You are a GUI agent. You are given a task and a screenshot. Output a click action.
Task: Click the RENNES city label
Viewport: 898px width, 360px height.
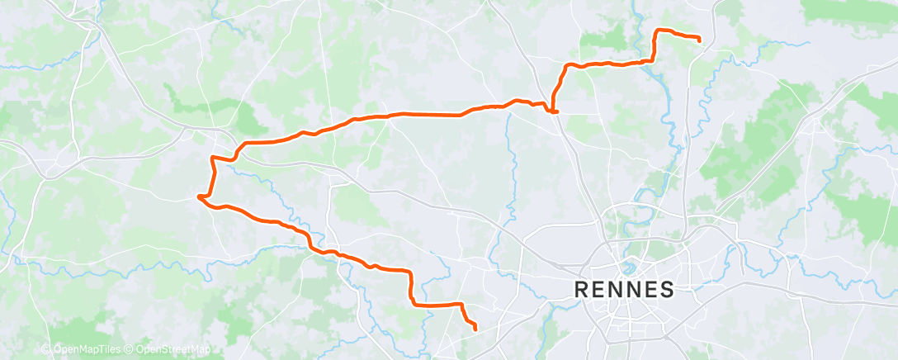pos(623,290)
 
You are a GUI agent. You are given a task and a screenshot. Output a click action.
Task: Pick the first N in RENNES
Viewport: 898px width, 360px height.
pos(615,290)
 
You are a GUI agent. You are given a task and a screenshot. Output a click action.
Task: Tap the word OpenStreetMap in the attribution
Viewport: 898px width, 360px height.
pos(170,350)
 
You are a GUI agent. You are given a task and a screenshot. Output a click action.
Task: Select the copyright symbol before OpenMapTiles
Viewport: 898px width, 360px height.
pos(46,350)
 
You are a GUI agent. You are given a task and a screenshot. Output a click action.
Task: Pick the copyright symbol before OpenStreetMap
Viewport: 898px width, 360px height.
pos(128,350)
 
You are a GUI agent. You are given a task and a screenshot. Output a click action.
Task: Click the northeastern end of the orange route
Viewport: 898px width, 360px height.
pos(700,40)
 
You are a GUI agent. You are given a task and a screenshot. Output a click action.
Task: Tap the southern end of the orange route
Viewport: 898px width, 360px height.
pos(476,329)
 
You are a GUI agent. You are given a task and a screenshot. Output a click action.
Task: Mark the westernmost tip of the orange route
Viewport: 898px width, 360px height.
pos(199,197)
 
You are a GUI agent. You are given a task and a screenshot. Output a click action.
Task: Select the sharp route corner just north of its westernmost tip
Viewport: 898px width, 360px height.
pos(214,157)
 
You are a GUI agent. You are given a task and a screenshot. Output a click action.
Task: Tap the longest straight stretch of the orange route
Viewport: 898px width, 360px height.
pos(429,114)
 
